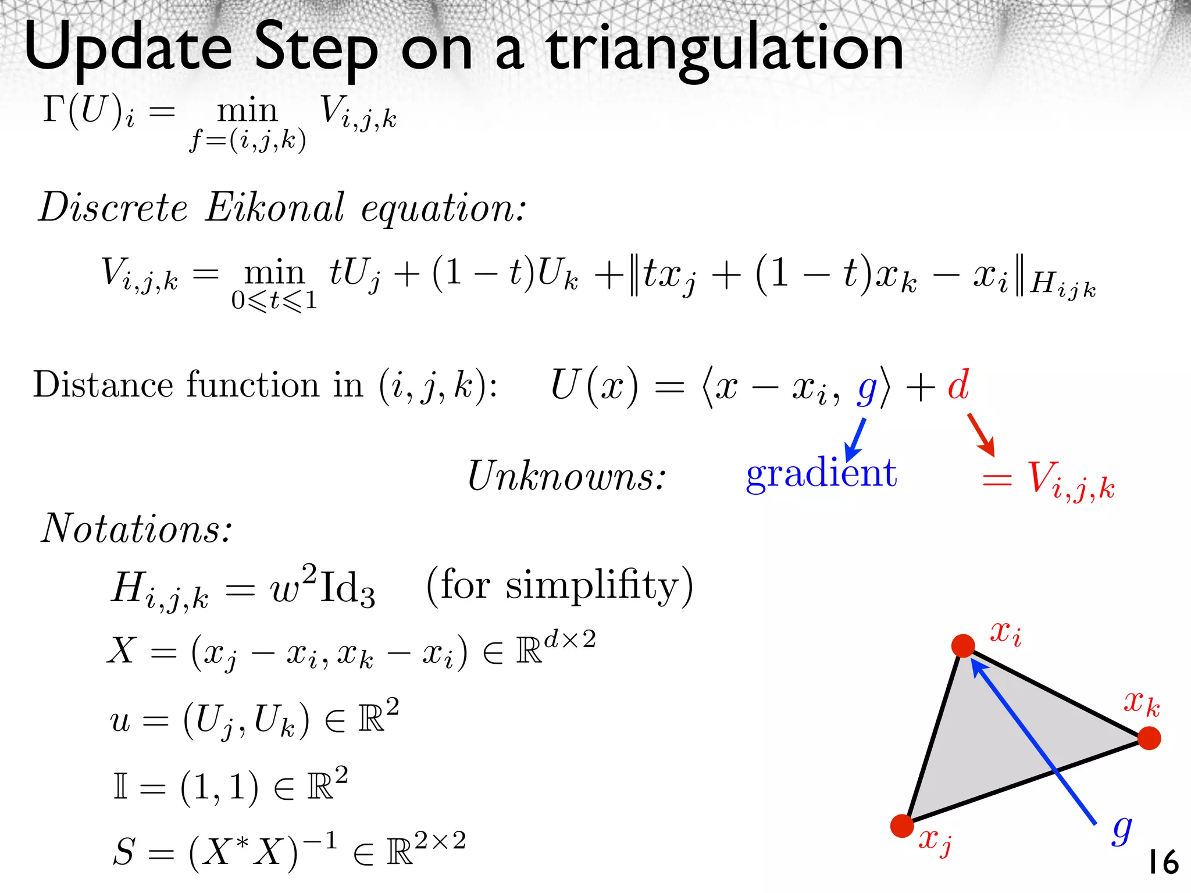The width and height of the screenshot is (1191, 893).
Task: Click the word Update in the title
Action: (x=128, y=49)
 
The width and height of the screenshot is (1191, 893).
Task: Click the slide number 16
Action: (x=1163, y=862)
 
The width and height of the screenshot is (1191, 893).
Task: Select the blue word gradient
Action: (x=821, y=473)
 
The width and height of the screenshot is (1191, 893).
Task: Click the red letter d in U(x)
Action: (x=958, y=385)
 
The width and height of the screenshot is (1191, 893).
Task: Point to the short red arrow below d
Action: (x=982, y=434)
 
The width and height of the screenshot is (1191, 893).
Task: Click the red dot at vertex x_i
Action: (x=963, y=646)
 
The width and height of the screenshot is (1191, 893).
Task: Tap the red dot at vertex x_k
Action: (x=1149, y=738)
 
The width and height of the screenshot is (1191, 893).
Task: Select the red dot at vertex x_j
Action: (x=902, y=826)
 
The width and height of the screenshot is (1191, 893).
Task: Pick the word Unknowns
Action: (x=566, y=476)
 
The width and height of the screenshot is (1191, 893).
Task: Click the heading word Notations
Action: (x=136, y=529)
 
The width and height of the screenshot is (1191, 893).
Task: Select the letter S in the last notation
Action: (x=124, y=852)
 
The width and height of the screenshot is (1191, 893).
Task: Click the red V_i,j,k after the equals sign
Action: (x=1070, y=480)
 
